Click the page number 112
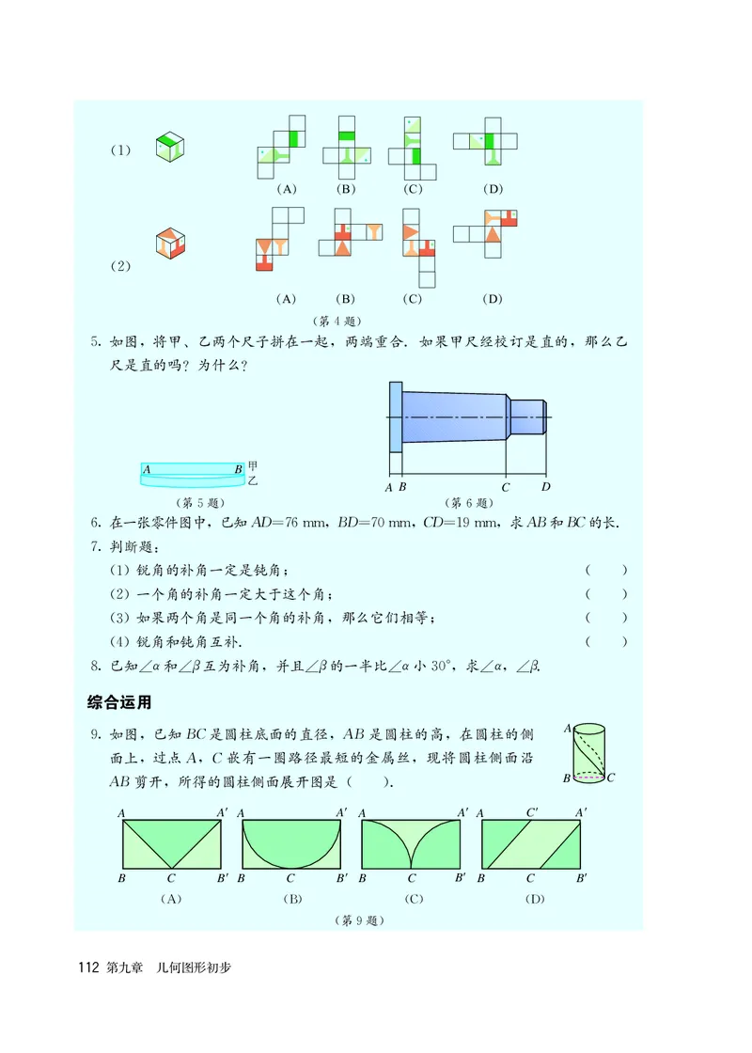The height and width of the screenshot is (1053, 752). (89, 967)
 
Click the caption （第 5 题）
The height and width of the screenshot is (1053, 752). (197, 502)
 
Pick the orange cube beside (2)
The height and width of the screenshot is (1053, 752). (169, 243)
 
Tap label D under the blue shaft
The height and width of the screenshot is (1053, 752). (545, 487)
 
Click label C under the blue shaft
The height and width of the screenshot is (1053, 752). (506, 487)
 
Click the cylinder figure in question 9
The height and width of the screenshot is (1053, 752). (589, 752)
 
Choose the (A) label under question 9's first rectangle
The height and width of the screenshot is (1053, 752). (170, 899)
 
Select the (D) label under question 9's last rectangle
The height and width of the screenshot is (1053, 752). (530, 899)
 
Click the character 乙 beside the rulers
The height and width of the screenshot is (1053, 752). (252, 481)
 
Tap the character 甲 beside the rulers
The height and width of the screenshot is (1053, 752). (252, 466)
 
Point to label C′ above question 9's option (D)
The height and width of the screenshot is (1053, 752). (532, 811)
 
